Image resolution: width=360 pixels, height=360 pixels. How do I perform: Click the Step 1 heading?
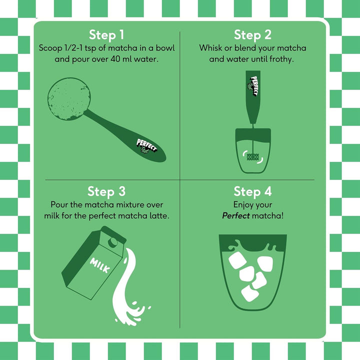106,35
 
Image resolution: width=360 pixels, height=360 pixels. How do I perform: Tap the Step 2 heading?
252,35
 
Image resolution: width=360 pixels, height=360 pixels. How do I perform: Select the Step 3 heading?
106,191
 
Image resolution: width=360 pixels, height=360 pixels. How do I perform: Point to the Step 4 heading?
252,191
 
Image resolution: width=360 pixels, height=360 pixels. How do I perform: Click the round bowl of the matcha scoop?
69,99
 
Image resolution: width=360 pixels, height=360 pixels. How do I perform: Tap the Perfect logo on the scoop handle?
146,146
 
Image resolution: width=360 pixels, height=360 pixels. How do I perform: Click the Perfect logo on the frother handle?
253,85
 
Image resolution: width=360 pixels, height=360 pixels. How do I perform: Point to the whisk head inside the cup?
252,157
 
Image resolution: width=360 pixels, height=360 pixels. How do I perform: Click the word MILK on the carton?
99,265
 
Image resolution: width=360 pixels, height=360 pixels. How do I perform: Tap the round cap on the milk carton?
113,242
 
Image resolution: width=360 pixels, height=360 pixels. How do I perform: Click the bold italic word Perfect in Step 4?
236,216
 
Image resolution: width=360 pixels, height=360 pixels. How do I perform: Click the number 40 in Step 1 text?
115,59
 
